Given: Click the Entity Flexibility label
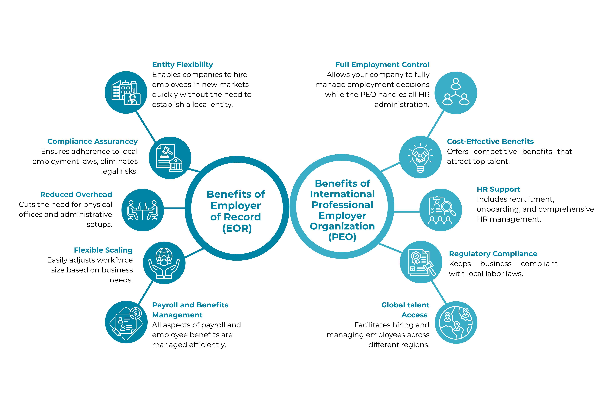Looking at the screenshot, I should (182, 65).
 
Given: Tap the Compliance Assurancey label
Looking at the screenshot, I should (92, 141).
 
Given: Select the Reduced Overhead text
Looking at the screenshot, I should (76, 195).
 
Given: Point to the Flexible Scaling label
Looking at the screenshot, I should (103, 250).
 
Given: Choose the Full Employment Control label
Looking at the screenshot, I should (382, 65).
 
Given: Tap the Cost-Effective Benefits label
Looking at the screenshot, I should (490, 141).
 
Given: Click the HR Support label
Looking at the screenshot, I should (498, 189).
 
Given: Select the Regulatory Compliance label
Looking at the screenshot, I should (493, 254).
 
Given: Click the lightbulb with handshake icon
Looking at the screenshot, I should (420, 157).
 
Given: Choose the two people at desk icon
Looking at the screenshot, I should (143, 210).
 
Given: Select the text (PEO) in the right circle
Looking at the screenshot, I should (342, 237).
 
